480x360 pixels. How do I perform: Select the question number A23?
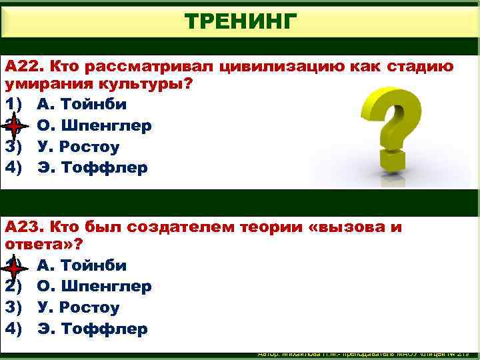click(25, 227)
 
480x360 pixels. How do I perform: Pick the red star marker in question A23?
click(15, 267)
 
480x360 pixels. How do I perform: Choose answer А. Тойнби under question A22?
click(81, 105)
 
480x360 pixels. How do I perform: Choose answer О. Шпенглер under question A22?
click(94, 125)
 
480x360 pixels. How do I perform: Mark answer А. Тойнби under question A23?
click(81, 266)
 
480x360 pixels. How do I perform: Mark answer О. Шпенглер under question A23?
click(94, 287)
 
